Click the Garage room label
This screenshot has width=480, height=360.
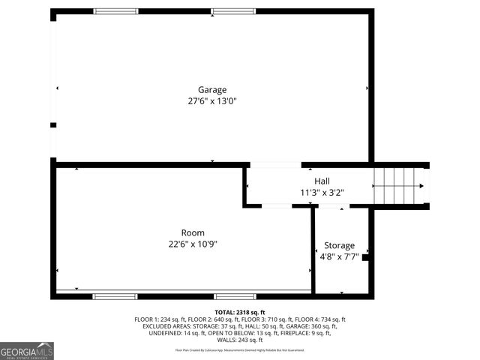click(211, 89)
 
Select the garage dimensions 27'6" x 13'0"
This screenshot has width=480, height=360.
click(211, 100)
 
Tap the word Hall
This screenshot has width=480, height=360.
click(322, 181)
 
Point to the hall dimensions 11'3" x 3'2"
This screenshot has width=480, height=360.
click(322, 192)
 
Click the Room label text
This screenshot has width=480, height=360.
click(193, 232)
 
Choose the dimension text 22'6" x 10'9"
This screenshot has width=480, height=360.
click(193, 244)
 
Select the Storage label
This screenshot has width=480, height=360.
click(339, 245)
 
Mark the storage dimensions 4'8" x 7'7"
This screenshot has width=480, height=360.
click(339, 256)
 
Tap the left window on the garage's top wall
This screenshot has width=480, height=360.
click(115, 11)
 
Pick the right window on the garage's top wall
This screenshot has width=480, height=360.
click(233, 11)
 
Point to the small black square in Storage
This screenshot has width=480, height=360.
click(365, 258)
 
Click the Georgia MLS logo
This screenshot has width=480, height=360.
click(27, 351)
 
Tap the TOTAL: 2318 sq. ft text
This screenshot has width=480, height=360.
click(240, 311)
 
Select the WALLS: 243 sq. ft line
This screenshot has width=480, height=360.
click(240, 340)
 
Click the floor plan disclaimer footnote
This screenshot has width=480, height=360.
click(240, 350)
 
